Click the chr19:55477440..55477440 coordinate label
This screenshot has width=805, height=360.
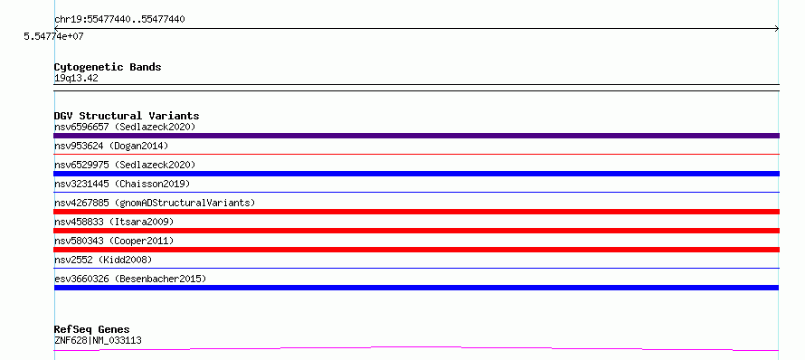coord(119,20)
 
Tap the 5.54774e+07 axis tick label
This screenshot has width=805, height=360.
coord(53,36)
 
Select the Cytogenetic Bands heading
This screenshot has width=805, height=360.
coord(108,67)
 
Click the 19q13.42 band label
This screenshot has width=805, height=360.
coord(76,79)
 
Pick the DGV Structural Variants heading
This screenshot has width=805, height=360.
coord(127,116)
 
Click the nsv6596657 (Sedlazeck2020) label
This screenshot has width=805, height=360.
coord(125,127)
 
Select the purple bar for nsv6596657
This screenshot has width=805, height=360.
coord(416,136)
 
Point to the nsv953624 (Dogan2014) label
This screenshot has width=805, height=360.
coord(111,146)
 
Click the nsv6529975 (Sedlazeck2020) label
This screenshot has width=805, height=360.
coord(125,165)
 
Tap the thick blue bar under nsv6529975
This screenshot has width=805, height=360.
coord(416,174)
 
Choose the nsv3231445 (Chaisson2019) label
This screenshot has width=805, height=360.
coord(122,184)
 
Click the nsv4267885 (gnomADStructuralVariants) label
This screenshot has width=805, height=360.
coord(155,203)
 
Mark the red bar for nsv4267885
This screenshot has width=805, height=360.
coord(416,212)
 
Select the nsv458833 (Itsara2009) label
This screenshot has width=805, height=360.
coord(114,222)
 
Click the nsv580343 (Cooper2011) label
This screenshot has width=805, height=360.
coord(114,241)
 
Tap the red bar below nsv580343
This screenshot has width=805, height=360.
coord(416,250)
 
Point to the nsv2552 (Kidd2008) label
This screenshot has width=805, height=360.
coord(103,260)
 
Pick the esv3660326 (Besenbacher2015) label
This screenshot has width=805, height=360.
coord(130,279)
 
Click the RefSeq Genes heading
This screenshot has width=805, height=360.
coord(91,330)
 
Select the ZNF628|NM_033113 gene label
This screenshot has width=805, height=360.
coord(98,340)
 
